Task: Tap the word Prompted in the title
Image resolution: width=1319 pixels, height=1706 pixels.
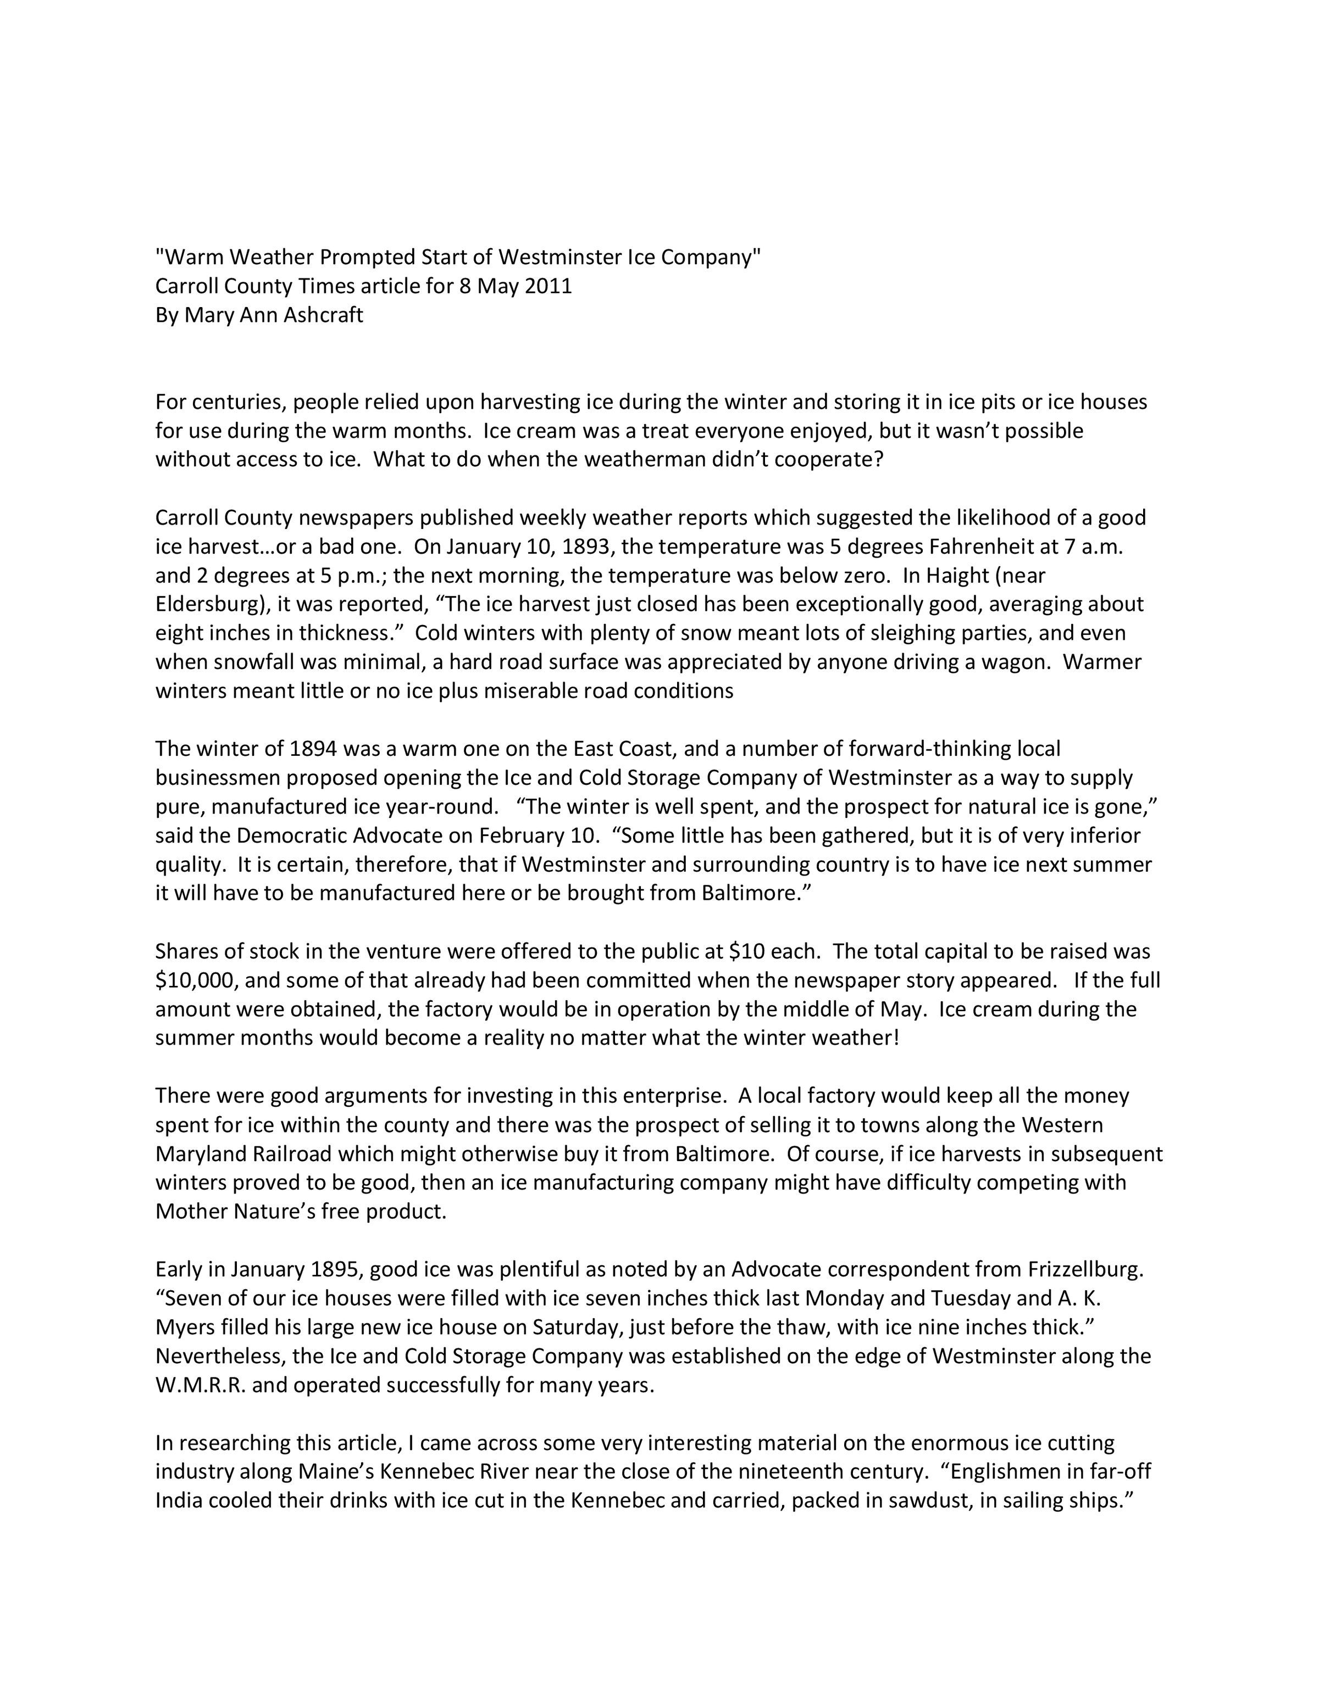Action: pos(367,257)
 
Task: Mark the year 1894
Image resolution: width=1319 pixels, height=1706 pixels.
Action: pos(313,748)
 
